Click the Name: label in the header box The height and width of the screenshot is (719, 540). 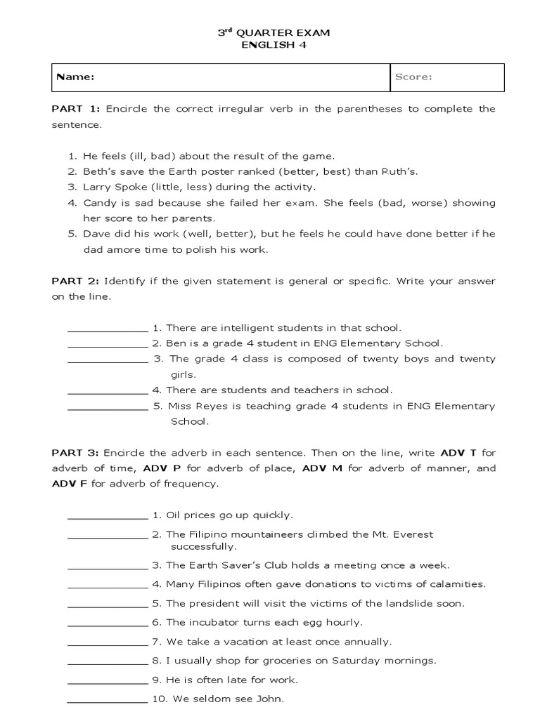point(75,77)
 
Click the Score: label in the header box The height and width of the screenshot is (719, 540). point(413,77)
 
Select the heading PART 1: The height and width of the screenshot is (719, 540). point(76,109)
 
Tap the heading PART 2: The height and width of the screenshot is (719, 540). point(76,281)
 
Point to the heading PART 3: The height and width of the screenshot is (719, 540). point(76,453)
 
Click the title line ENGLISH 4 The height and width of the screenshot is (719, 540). point(274,46)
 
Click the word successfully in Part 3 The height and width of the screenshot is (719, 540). point(204,546)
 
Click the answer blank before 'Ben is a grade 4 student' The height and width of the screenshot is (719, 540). point(108,346)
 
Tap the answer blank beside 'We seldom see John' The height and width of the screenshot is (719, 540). point(108,701)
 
